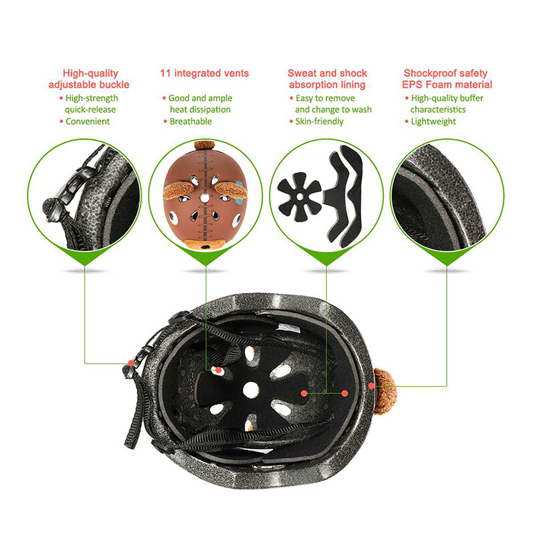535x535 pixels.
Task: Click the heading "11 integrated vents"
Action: pos(205,74)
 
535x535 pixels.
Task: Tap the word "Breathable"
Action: pos(191,122)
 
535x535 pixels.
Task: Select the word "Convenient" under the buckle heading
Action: pos(88,122)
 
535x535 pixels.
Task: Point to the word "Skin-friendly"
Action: pos(320,122)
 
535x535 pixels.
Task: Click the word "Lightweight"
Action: pos(433,122)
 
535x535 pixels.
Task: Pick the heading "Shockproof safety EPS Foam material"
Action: pos(447,79)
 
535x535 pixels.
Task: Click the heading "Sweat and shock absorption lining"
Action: pos(327,79)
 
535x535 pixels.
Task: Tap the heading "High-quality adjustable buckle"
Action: pos(89,79)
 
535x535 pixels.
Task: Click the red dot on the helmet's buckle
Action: pos(131,362)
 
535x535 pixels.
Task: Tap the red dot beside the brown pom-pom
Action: pos(372,386)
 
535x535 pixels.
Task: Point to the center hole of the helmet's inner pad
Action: pos(251,390)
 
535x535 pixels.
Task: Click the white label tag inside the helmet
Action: pos(289,328)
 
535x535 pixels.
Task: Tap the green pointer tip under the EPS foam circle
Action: pos(447,265)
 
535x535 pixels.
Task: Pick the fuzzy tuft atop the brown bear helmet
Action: pos(205,145)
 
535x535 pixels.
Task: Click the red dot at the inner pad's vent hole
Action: pos(218,370)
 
